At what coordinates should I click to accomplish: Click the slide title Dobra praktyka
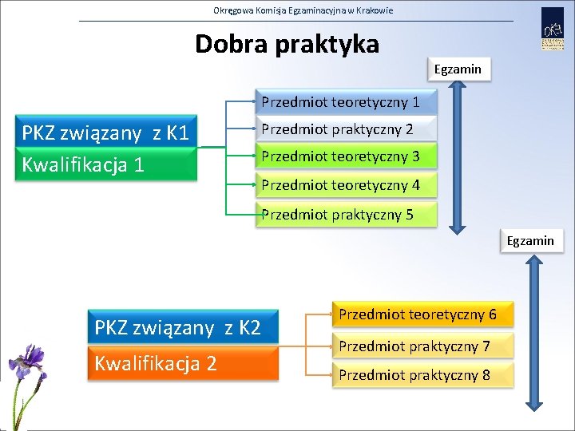click(287, 44)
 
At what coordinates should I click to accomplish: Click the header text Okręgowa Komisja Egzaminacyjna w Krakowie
click(303, 10)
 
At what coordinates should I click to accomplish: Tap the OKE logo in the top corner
click(553, 30)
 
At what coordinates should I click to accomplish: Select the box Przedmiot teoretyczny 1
click(346, 102)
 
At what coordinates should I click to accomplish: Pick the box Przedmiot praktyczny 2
click(346, 129)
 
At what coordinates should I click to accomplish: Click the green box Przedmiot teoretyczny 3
click(346, 156)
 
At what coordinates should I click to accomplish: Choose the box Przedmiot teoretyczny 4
click(346, 186)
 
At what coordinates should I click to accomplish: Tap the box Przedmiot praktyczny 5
click(346, 214)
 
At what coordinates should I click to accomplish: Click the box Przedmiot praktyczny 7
click(422, 346)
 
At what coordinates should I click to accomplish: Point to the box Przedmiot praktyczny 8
click(422, 374)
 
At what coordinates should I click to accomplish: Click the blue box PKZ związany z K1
click(106, 132)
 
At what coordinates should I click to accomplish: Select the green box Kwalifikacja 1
click(106, 165)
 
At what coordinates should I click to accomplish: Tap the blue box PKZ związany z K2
click(183, 327)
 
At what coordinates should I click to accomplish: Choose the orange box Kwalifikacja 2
click(183, 363)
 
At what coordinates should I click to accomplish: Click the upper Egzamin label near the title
click(458, 69)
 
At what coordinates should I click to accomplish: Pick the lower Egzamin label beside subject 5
click(530, 240)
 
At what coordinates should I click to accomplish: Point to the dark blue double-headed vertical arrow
click(454, 160)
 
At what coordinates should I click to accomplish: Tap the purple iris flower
click(29, 363)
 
